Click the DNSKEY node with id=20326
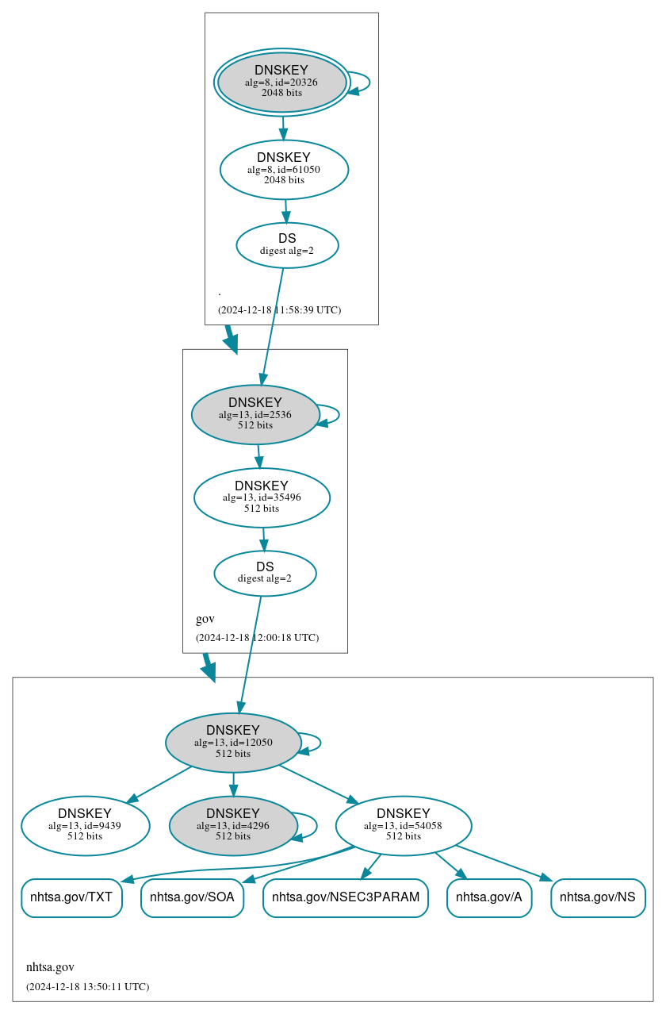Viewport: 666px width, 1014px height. click(x=281, y=82)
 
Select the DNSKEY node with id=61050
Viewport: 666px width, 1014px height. click(x=284, y=169)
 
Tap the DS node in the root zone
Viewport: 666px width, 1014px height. click(x=287, y=245)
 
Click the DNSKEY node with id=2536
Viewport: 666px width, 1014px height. click(x=255, y=414)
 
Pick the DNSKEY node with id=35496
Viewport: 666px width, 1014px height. click(x=262, y=497)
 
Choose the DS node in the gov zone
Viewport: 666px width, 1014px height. click(x=265, y=573)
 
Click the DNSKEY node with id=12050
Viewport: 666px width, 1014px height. click(x=233, y=742)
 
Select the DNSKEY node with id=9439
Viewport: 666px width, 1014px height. click(x=85, y=825)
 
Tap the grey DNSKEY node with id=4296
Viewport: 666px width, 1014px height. click(x=233, y=825)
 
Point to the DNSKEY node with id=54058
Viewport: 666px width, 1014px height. click(x=404, y=825)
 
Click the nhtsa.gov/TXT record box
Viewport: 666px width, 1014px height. click(x=71, y=898)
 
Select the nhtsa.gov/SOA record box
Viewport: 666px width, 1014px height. click(x=192, y=898)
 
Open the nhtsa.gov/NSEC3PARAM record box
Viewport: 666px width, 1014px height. click(x=346, y=898)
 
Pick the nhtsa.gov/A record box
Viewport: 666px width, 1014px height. click(x=489, y=898)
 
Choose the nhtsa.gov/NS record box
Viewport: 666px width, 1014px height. click(x=598, y=898)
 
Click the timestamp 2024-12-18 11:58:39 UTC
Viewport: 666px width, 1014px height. click(x=279, y=309)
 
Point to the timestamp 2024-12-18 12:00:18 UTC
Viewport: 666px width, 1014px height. click(x=257, y=637)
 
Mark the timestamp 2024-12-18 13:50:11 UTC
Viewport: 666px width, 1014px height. click(x=87, y=986)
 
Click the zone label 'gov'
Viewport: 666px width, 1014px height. click(x=205, y=619)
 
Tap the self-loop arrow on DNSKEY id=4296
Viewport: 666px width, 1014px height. click(x=316, y=825)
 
